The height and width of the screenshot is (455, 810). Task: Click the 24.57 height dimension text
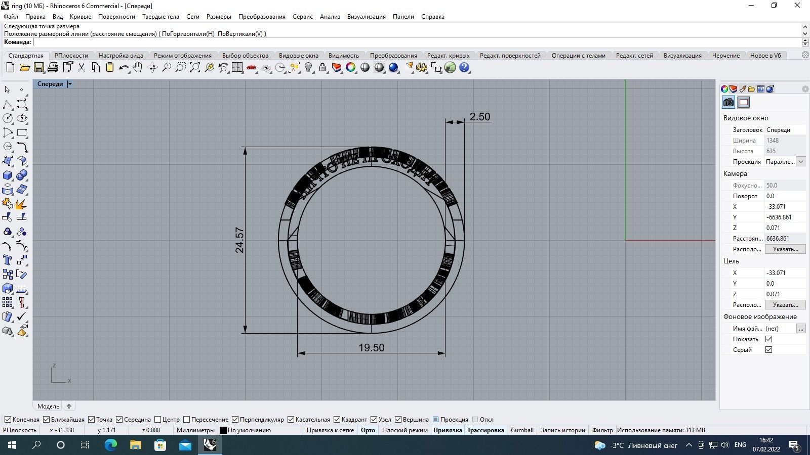(239, 240)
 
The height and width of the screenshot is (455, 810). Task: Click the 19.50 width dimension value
(371, 348)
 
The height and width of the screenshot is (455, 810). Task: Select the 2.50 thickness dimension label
(479, 117)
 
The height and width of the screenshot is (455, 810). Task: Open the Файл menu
(11, 17)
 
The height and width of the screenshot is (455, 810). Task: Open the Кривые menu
(80, 17)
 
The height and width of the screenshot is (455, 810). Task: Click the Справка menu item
(432, 17)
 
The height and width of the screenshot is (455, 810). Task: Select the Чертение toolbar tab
(725, 56)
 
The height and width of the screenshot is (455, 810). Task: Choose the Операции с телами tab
(578, 56)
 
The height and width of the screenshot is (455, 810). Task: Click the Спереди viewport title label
(50, 84)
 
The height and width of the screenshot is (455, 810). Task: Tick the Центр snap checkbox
(158, 420)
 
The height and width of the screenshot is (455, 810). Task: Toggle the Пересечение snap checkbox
(187, 420)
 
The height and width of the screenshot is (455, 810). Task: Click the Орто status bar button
(368, 430)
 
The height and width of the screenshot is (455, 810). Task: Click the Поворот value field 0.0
(784, 196)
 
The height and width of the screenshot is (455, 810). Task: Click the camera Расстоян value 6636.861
(784, 239)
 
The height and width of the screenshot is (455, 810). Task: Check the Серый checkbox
(768, 350)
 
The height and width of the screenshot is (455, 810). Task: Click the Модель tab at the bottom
(48, 406)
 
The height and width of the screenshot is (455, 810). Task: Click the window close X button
(797, 6)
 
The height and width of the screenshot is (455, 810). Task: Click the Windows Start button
(12, 445)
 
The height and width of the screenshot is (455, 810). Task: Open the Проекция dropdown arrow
(800, 162)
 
